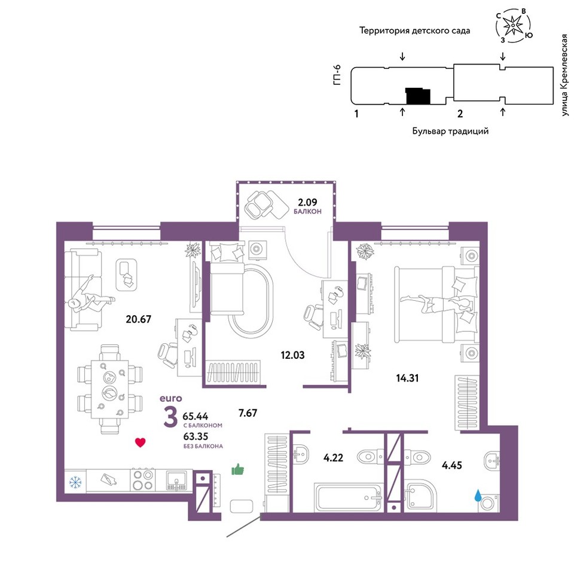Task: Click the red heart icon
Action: tap(140, 442)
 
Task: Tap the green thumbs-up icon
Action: tap(237, 469)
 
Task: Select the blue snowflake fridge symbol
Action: tap(75, 483)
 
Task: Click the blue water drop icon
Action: tap(478, 496)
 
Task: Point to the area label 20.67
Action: tap(138, 319)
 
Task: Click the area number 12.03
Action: tap(292, 355)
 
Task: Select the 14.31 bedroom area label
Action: tap(407, 378)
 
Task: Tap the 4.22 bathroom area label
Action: tap(333, 457)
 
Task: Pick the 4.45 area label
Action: tap(452, 465)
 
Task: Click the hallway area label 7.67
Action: tap(248, 413)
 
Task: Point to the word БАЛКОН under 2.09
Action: tap(307, 212)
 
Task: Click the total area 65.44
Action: tap(195, 416)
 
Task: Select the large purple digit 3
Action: tap(170, 417)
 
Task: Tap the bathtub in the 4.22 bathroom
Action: tap(349, 497)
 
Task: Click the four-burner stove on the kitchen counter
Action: tap(143, 480)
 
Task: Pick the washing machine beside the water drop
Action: tap(488, 503)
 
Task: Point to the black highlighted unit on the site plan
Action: tap(418, 96)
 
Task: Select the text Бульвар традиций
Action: tap(450, 131)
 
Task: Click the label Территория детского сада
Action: tap(414, 30)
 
